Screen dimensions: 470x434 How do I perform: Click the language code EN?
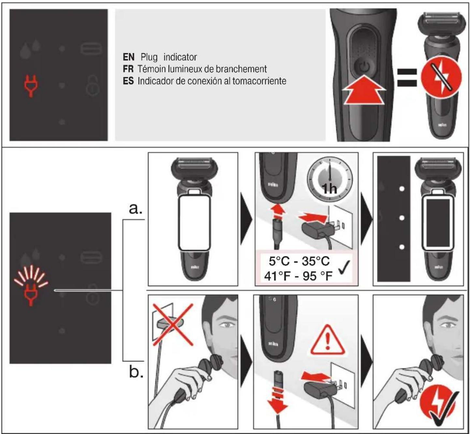pos(128,57)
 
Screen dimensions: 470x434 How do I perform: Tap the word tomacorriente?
pos(259,81)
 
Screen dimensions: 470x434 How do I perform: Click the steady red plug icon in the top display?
pos(31,86)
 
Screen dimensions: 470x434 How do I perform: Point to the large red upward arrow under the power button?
pos(364,90)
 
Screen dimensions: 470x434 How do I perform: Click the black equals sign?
pos(407,77)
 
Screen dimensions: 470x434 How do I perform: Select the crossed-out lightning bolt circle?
pos(441,77)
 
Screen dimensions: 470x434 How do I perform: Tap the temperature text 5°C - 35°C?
pos(299,261)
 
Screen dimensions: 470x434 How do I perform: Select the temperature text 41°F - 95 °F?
pos(298,276)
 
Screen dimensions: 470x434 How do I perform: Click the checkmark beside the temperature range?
pos(344,268)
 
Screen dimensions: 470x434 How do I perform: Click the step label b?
pos(136,371)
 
